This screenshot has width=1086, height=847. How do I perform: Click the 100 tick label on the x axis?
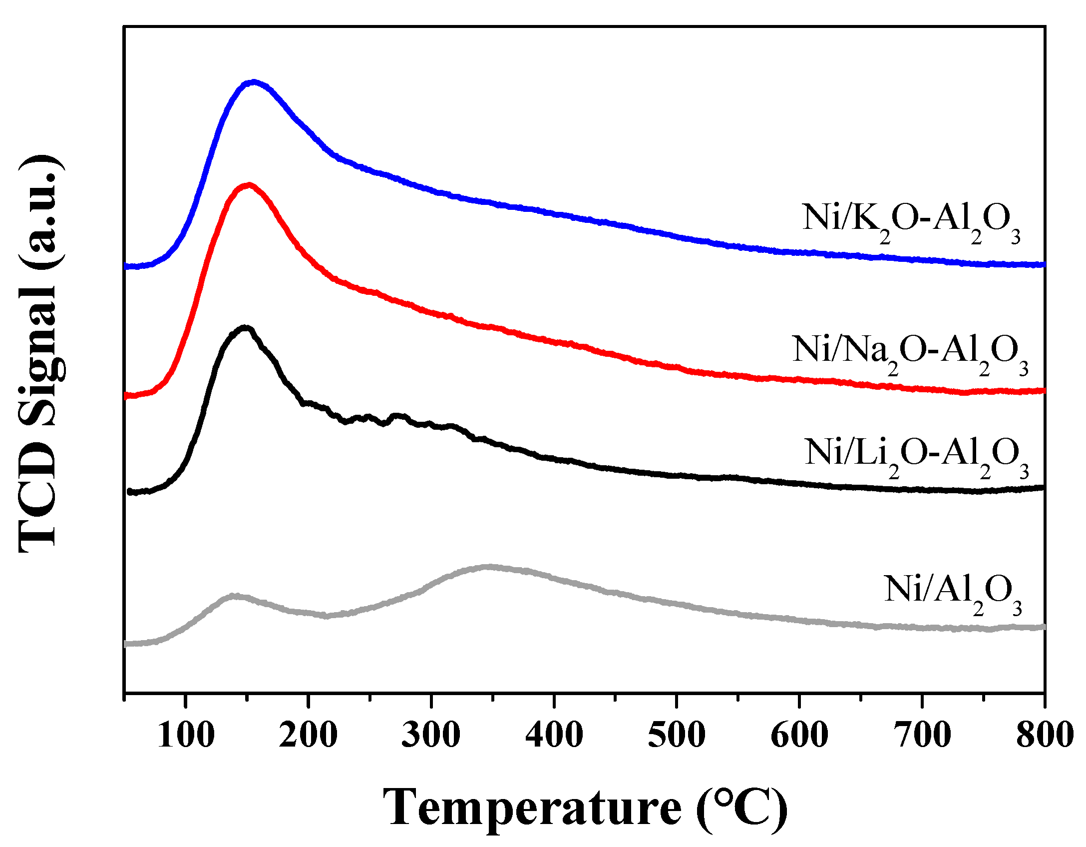pos(186,735)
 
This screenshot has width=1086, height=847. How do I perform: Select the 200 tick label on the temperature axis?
pos(308,735)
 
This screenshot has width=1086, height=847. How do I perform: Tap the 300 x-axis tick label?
pos(431,735)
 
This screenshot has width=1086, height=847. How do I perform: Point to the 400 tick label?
pos(554,735)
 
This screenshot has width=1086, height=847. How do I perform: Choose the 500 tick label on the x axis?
pos(677,735)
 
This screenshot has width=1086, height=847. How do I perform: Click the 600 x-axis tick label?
pos(799,735)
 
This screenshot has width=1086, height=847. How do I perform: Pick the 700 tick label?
pos(922,735)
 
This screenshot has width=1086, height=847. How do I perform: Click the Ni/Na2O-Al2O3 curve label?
pos(910,353)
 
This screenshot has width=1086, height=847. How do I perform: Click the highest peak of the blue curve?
pos(254,82)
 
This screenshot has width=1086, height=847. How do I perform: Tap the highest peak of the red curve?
pos(249,186)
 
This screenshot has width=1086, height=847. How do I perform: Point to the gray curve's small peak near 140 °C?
pos(233,596)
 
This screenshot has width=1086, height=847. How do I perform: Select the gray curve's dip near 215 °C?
pos(326,616)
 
